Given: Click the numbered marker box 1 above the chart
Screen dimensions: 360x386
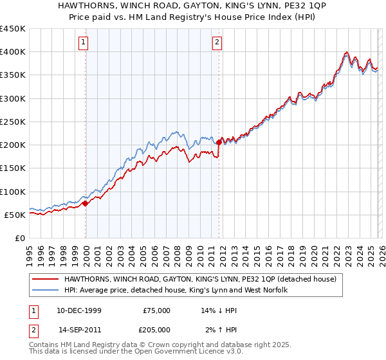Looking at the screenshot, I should click(x=84, y=43).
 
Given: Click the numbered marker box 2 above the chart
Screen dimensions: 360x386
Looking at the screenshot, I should click(x=217, y=43).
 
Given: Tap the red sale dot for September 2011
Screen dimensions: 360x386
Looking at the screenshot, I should click(x=219, y=142).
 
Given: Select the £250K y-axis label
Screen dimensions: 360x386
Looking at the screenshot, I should click(x=12, y=122).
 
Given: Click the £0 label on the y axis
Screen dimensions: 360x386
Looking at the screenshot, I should click(x=19, y=238).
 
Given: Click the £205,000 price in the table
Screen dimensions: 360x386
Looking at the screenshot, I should click(x=157, y=329).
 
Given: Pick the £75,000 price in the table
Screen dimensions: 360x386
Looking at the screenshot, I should click(x=157, y=310).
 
